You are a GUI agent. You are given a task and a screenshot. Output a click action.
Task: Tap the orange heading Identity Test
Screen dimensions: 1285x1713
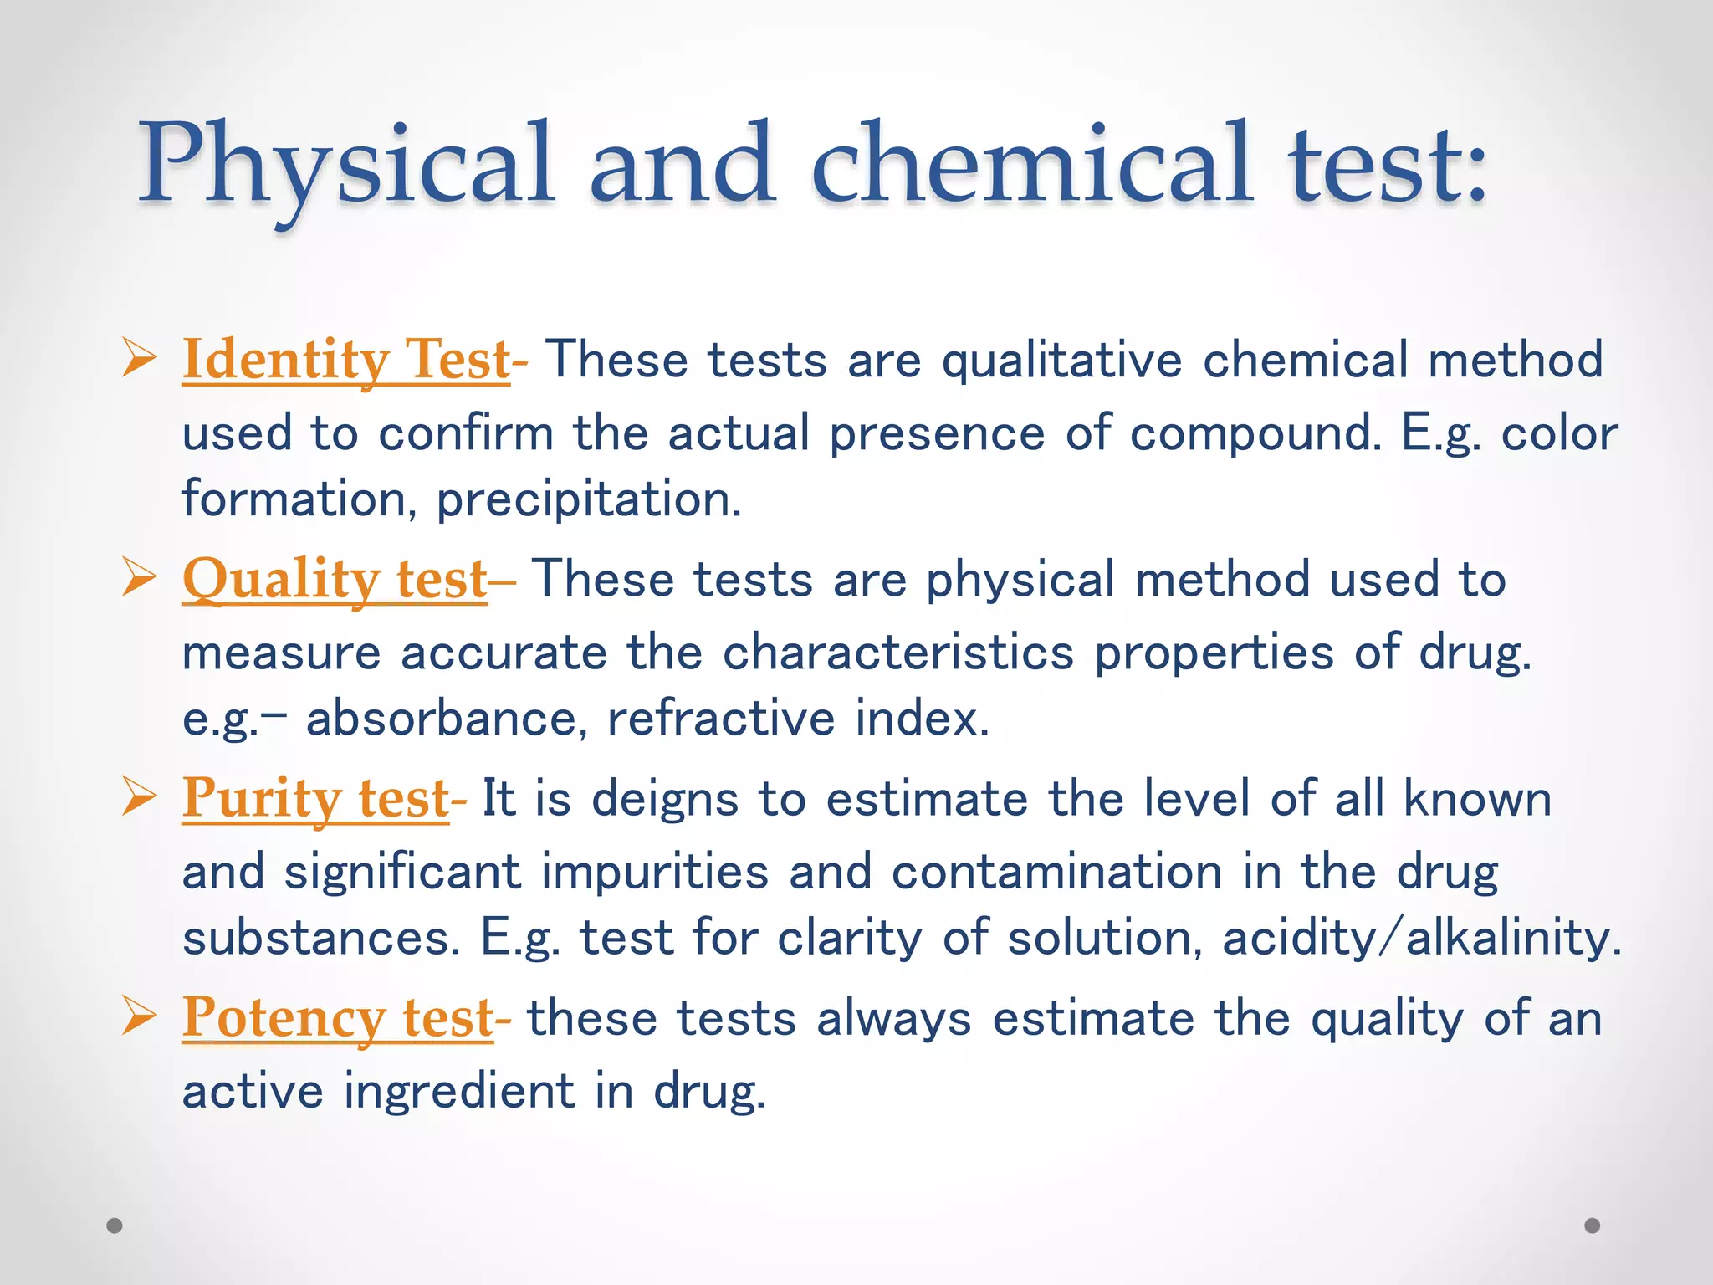coord(345,360)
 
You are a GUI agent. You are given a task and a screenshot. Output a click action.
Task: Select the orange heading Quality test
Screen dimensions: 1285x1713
coord(335,579)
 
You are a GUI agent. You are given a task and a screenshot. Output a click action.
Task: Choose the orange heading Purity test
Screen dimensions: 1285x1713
coord(315,798)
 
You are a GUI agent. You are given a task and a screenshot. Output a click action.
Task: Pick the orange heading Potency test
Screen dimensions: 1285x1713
coord(337,1018)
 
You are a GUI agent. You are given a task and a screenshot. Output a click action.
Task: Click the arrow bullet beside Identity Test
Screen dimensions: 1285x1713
coord(139,357)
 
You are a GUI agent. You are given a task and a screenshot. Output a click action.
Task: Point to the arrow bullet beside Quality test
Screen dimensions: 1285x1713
coord(139,577)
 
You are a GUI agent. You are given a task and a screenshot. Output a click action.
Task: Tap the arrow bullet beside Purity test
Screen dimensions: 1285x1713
coord(139,796)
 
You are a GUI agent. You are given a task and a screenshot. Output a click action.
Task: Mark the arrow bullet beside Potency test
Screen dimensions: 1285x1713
coord(139,1016)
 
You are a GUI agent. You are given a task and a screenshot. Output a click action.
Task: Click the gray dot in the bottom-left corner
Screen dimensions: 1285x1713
coord(115,1226)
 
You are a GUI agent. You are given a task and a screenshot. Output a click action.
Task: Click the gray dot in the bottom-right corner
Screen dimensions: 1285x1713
coord(1593,1226)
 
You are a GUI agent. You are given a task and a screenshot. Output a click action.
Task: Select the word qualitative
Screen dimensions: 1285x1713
coord(1061,361)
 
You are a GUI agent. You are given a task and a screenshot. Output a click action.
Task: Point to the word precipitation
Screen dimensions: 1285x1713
coord(589,500)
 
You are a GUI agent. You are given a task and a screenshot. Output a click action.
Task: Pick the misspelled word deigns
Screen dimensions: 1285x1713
coord(665,799)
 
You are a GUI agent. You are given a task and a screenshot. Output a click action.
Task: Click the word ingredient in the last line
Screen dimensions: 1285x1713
coord(459,1092)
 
